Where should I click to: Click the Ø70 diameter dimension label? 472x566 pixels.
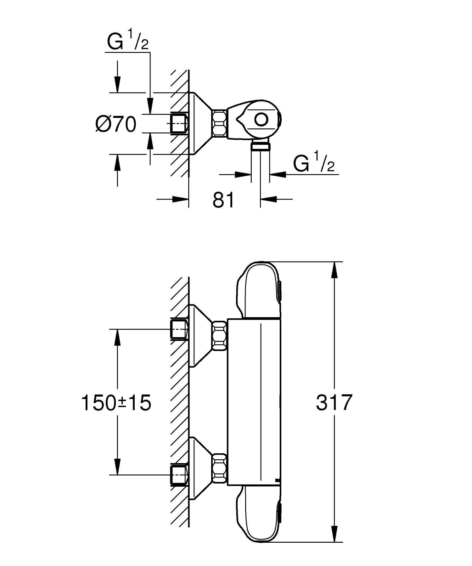pyautogui.click(x=116, y=124)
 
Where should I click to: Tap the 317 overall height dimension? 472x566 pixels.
pyautogui.click(x=333, y=402)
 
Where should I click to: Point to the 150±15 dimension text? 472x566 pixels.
pyautogui.click(x=116, y=403)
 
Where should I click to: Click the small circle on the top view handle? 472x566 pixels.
pyautogui.click(x=261, y=120)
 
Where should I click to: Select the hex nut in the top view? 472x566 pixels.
pyautogui.click(x=219, y=123)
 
